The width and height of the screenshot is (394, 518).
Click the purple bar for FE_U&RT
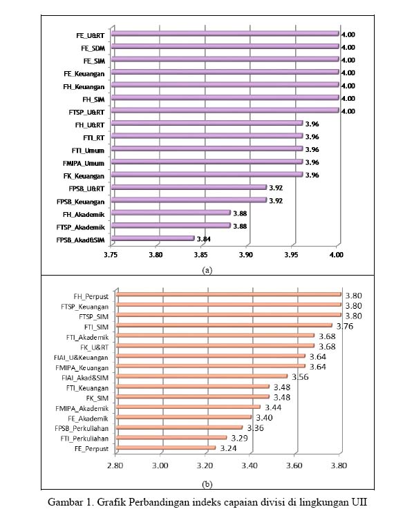pyautogui.click(x=225, y=33)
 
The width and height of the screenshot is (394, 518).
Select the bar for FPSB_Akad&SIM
pyautogui.click(x=153, y=238)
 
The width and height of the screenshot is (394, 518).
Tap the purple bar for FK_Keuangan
pyautogui.click(x=207, y=175)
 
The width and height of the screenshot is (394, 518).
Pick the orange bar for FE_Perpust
pyautogui.click(x=166, y=448)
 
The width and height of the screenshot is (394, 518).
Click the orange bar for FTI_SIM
pyautogui.click(x=224, y=325)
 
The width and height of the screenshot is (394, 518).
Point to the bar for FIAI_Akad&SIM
pyautogui.click(x=202, y=376)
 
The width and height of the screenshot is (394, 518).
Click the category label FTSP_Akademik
pyautogui.click(x=80, y=227)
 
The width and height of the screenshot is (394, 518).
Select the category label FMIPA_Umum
pyautogui.click(x=84, y=164)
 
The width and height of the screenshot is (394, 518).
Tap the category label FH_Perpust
pyautogui.click(x=91, y=297)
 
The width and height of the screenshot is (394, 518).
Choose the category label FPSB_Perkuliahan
pyautogui.click(x=82, y=428)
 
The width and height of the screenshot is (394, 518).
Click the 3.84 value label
pyautogui.click(x=204, y=239)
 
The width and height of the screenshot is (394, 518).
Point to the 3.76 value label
pyautogui.click(x=345, y=327)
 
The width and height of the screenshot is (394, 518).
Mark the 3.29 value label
pyautogui.click(x=239, y=439)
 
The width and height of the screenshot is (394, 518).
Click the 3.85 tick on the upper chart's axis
pyautogui.click(x=200, y=255)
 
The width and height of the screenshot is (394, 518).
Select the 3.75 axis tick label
pyautogui.click(x=111, y=255)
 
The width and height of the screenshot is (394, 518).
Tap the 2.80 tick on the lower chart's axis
pyautogui.click(x=115, y=466)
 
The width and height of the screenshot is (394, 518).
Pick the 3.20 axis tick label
pyautogui.click(x=205, y=466)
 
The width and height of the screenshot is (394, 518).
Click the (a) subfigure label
pyautogui.click(x=207, y=270)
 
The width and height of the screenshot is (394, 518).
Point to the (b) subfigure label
pyautogui.click(x=207, y=484)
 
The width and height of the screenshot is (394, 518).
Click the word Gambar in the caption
pyautogui.click(x=66, y=502)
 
